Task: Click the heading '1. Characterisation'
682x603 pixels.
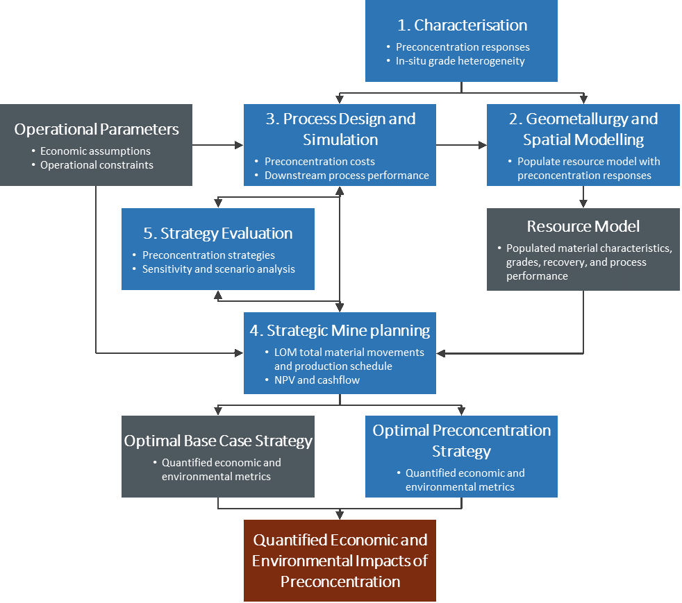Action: (462, 26)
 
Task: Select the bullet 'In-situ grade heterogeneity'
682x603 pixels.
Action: (460, 61)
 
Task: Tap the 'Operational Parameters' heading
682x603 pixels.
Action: (97, 129)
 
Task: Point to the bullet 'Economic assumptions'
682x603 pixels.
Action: (95, 151)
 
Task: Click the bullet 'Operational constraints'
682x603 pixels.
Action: (97, 165)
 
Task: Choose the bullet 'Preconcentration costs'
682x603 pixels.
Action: (319, 162)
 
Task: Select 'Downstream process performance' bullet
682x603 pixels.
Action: (347, 176)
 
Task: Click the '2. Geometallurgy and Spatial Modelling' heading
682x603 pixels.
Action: (583, 129)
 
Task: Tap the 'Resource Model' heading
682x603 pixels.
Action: (583, 226)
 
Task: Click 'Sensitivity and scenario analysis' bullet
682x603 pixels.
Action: (219, 269)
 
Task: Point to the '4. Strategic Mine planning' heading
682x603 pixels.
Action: (340, 330)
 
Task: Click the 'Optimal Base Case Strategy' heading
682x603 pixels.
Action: (218, 441)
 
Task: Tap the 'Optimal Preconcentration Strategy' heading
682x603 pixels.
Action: (462, 441)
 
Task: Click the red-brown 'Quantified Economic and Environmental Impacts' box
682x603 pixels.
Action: (340, 560)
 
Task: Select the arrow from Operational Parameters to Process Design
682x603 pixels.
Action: (218, 145)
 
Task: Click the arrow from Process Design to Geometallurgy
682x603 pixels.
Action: (462, 145)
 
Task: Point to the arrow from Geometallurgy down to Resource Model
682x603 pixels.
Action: (583, 197)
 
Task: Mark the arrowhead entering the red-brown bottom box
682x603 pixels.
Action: (340, 515)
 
